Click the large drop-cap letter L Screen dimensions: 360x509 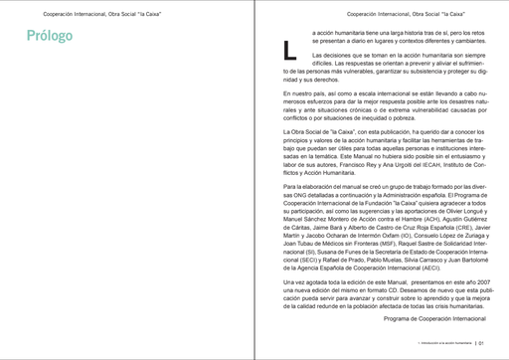(x=289, y=48)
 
